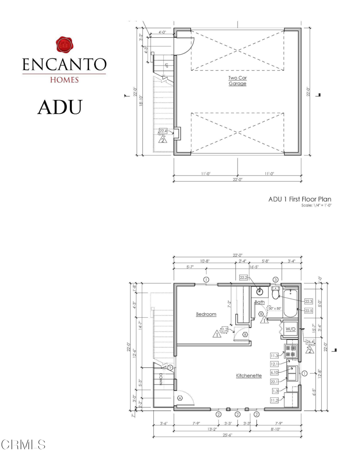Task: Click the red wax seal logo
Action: [64, 46]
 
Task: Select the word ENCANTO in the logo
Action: [64, 65]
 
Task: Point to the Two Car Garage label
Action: [237, 81]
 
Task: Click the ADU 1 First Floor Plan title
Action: [299, 199]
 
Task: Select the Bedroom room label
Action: [206, 314]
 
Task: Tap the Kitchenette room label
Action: [248, 376]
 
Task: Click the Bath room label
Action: [259, 302]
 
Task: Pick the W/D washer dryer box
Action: [290, 329]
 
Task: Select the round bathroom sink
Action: [261, 292]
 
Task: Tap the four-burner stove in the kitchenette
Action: [290, 350]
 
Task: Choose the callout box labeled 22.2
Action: [244, 277]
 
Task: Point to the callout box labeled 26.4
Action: [311, 342]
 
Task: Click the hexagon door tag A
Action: [179, 397]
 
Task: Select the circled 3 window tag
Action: [275, 279]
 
